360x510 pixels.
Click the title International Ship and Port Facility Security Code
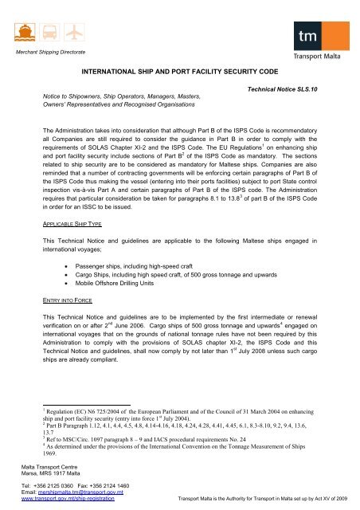(179, 71)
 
